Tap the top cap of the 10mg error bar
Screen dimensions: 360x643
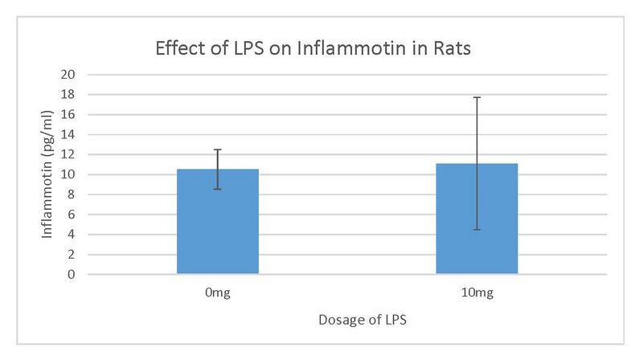click(477, 97)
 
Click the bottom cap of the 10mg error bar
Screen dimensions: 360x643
click(477, 230)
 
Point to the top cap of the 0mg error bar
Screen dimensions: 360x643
click(218, 149)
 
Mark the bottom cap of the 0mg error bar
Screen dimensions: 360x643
click(218, 189)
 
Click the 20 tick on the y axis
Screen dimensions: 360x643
click(68, 75)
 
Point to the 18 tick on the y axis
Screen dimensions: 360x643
click(68, 95)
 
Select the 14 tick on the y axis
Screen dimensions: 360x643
click(68, 135)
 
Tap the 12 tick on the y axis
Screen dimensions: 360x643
click(68, 154)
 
